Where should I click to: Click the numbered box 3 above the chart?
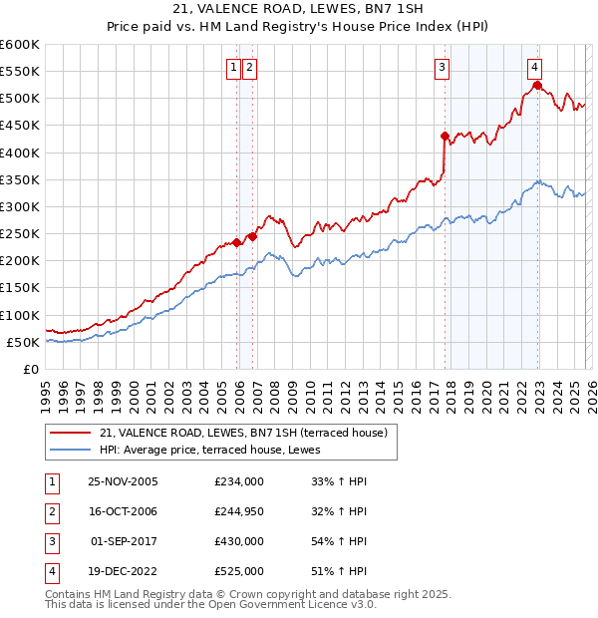click(x=441, y=68)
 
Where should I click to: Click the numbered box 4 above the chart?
click(x=535, y=68)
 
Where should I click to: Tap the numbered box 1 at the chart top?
click(x=233, y=68)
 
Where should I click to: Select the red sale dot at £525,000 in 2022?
click(x=536, y=86)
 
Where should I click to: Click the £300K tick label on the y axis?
click(x=20, y=206)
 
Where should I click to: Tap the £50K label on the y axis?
click(x=23, y=342)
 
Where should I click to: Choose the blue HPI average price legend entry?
click(x=219, y=450)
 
